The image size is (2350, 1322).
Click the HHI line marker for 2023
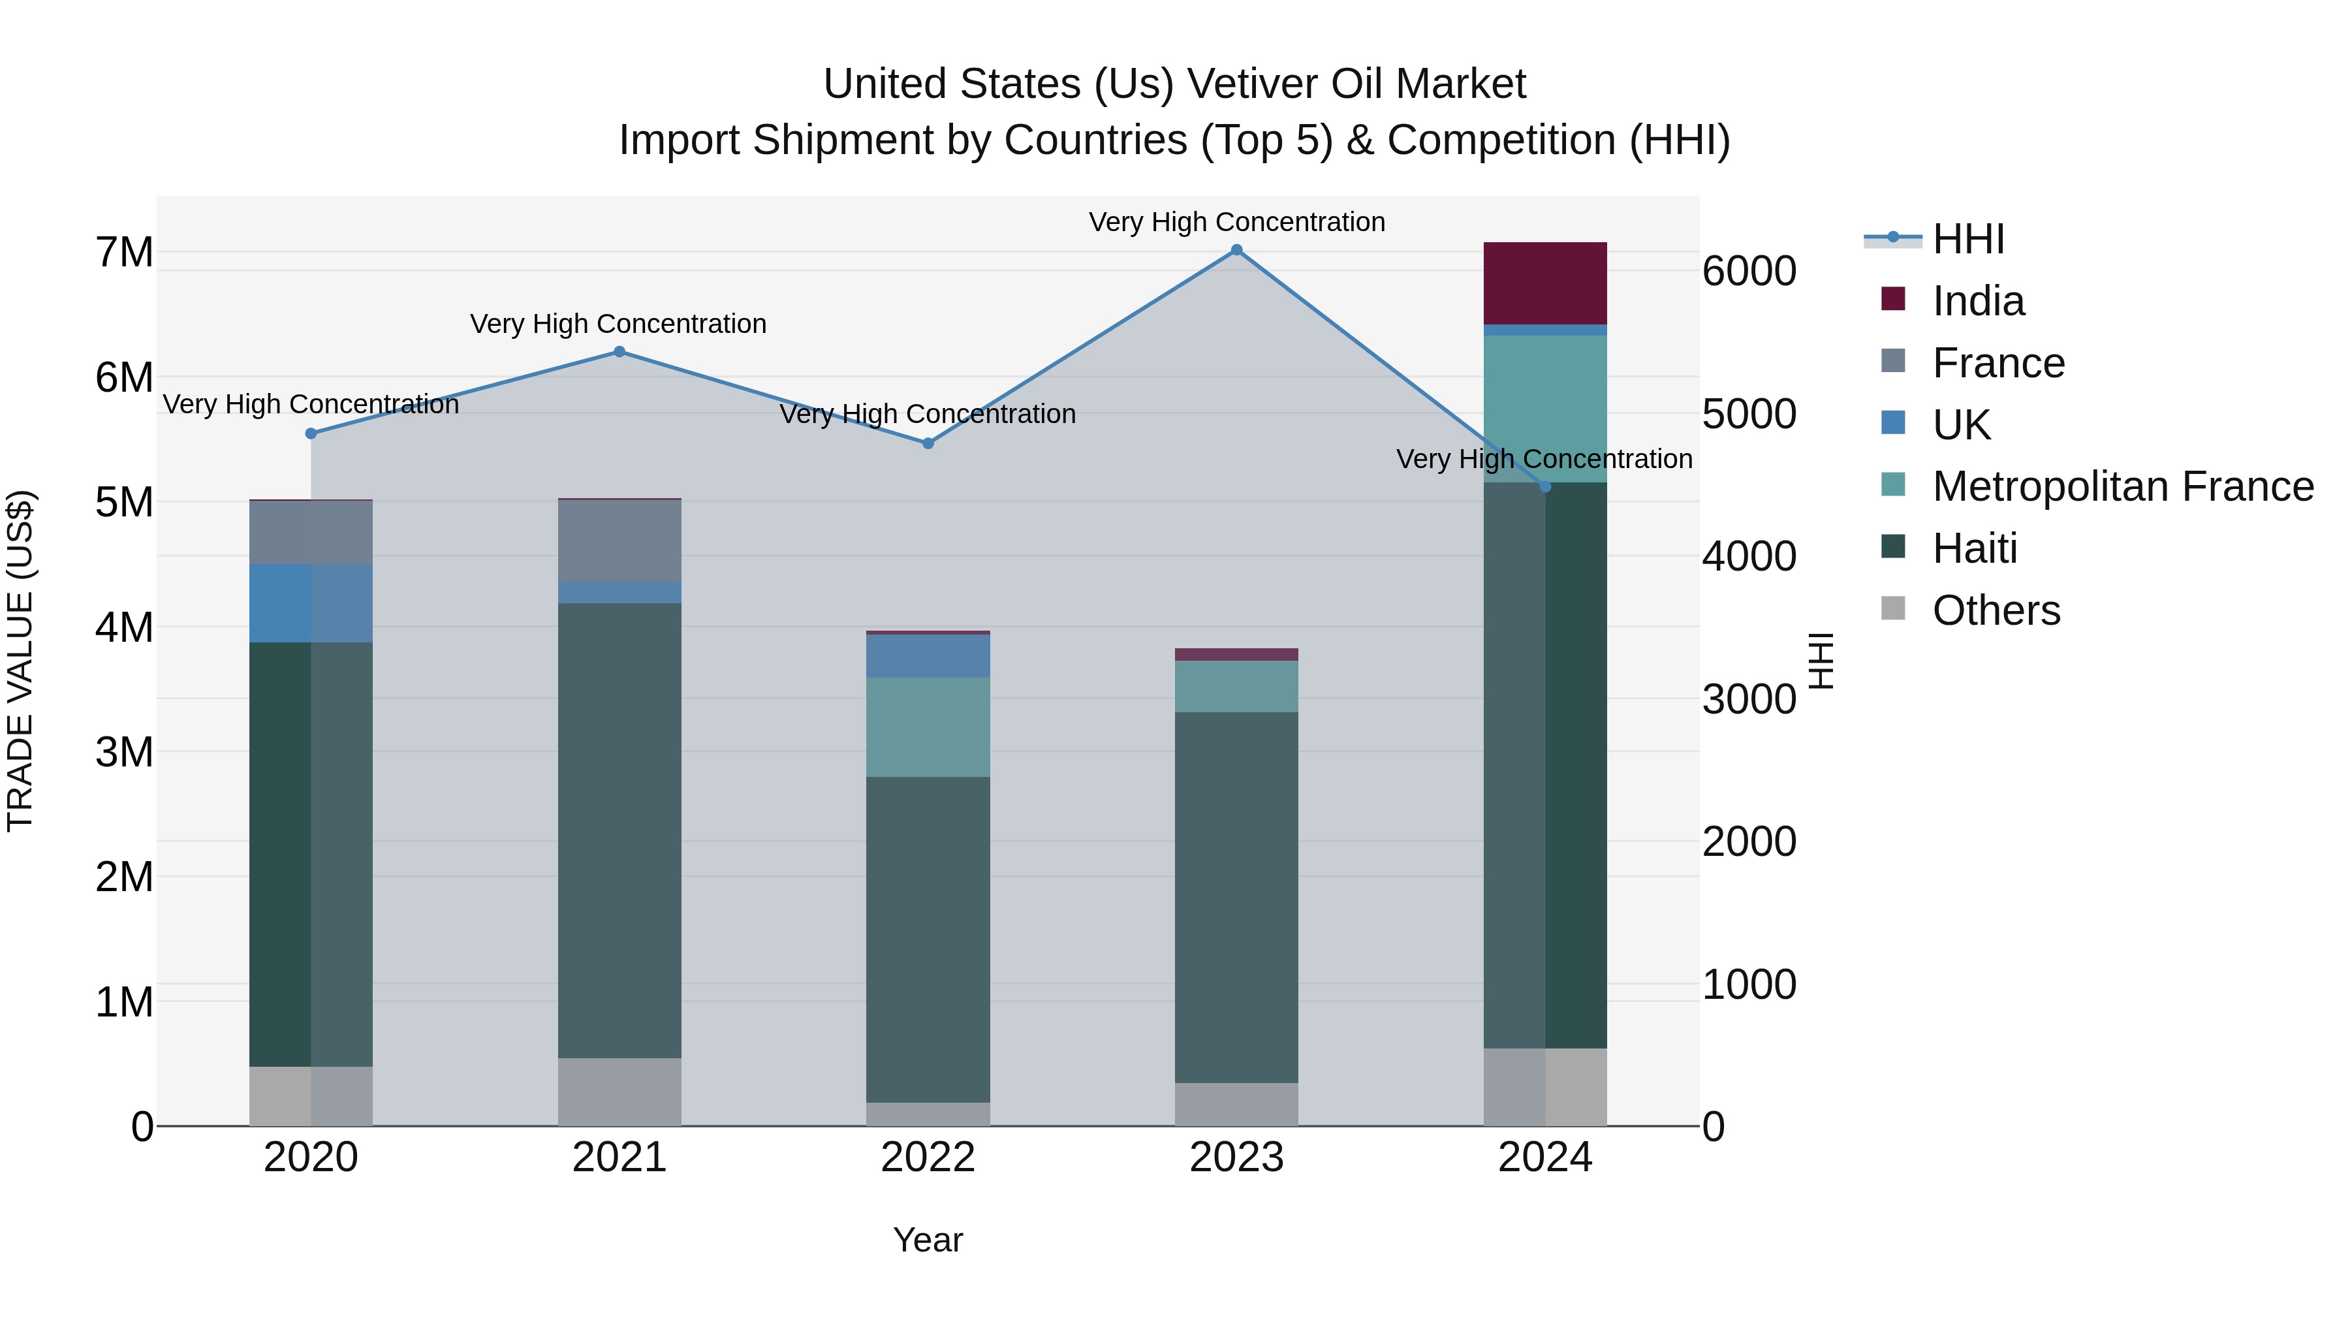click(x=1236, y=250)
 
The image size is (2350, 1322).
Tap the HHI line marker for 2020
click(x=311, y=433)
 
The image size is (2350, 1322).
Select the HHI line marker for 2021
click(x=619, y=352)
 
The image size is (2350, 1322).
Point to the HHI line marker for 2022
click(x=928, y=443)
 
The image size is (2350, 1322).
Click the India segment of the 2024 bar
click(x=1544, y=283)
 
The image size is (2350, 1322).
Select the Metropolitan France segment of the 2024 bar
click(x=1544, y=408)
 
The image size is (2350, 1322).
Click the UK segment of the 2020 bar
click(x=311, y=603)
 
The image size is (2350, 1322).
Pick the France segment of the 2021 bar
click(x=619, y=540)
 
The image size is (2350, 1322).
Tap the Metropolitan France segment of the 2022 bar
click(x=928, y=727)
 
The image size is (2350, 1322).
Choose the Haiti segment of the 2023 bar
click(x=1236, y=897)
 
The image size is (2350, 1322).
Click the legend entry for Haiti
click(x=1974, y=548)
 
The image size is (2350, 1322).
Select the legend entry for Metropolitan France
click(x=2122, y=486)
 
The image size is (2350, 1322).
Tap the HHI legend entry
click(x=1967, y=239)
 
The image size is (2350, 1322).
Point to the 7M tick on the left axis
click(x=124, y=253)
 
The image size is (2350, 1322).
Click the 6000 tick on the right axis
click(x=1749, y=271)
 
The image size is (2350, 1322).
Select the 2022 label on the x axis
click(x=928, y=1157)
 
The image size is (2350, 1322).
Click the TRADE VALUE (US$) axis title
click(x=20, y=661)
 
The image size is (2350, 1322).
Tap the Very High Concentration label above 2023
click(x=1236, y=222)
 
